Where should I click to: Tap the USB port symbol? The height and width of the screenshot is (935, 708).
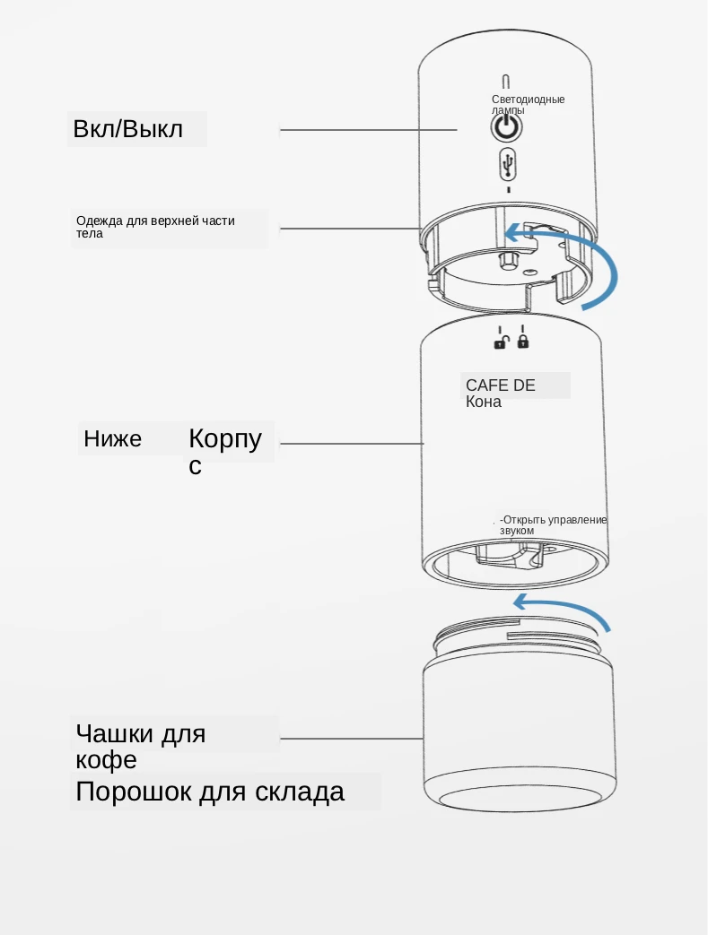pos(508,165)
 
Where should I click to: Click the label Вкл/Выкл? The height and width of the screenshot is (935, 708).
pos(128,129)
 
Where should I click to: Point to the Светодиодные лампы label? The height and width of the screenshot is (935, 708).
pos(528,104)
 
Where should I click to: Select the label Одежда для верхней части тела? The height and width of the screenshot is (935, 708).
pos(155,227)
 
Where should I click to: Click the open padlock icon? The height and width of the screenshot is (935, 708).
pos(502,340)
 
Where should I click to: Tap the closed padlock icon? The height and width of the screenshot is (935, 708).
pos(523,340)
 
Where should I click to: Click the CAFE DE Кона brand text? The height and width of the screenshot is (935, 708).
pos(500,393)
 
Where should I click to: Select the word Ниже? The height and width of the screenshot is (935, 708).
pos(112,439)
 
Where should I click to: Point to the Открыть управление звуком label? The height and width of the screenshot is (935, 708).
pos(553,525)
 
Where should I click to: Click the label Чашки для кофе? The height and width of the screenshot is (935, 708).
pos(141,746)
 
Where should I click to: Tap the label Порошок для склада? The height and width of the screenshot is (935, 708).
pos(210,792)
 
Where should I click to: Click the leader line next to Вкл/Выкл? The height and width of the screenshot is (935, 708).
pos(368,130)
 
